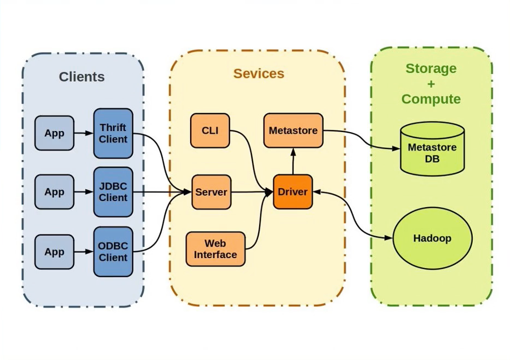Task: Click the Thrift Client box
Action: (113, 133)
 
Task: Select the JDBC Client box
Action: (113, 192)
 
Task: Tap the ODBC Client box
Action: (113, 252)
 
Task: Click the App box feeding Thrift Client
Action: (54, 133)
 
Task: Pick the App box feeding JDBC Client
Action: (54, 192)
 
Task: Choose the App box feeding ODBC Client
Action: (54, 252)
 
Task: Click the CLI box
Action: (210, 130)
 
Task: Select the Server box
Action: (211, 192)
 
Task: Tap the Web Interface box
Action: (215, 249)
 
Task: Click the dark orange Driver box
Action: (293, 192)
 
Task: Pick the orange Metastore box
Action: (293, 130)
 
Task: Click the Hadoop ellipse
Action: (432, 238)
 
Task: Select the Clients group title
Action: (82, 77)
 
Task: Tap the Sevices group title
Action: (259, 73)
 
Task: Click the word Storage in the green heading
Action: (431, 68)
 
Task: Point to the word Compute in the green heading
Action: (431, 99)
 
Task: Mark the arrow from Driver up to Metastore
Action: (293, 161)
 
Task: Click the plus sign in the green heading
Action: (431, 84)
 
